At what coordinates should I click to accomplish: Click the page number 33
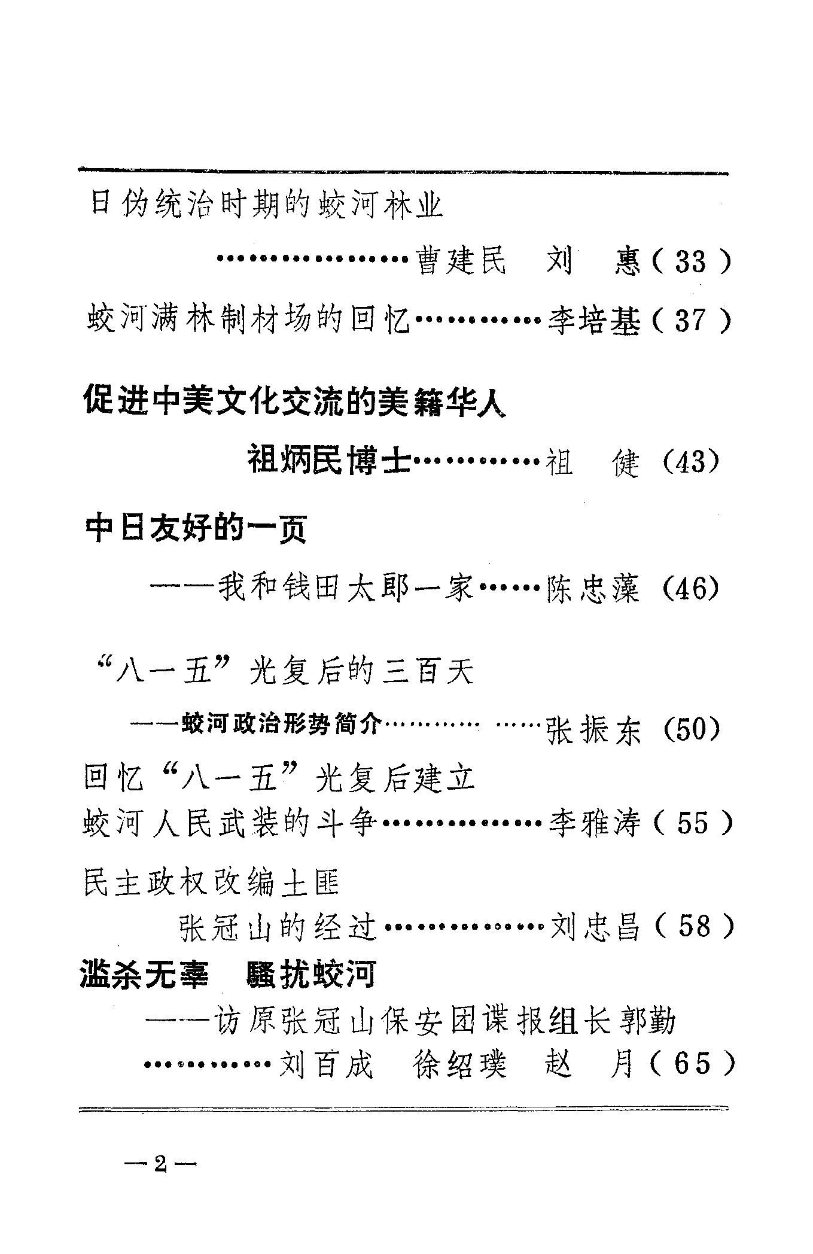(x=690, y=262)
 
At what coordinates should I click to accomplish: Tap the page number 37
(x=690, y=321)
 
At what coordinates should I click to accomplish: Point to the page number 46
(x=691, y=589)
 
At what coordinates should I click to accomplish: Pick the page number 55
(x=692, y=824)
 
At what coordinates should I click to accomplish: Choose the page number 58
(x=693, y=927)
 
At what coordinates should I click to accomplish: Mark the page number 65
(x=692, y=1064)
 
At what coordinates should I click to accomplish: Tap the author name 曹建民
(x=461, y=262)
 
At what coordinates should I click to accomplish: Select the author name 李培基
(x=593, y=321)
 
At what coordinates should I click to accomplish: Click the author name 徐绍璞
(x=459, y=1064)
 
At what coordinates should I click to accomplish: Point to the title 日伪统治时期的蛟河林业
(x=266, y=205)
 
